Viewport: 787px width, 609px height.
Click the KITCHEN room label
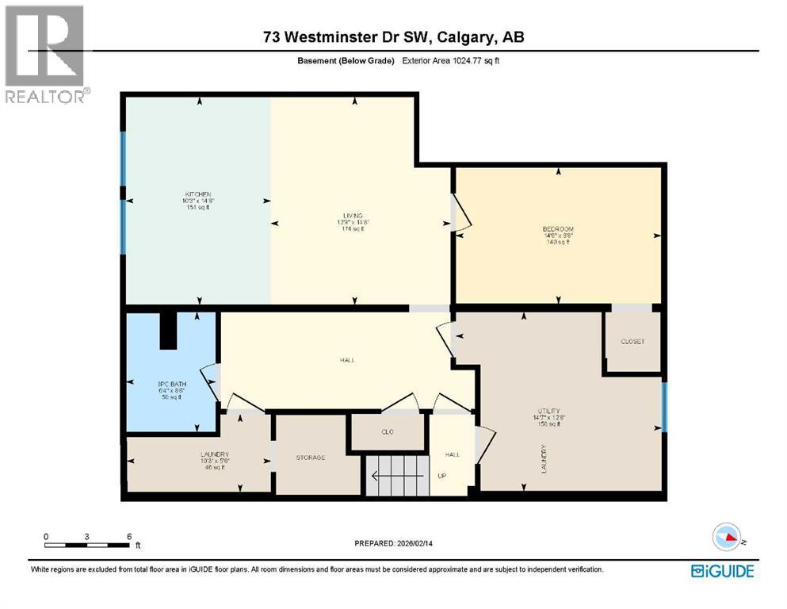pos(198,194)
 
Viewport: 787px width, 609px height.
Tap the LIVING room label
pos(353,216)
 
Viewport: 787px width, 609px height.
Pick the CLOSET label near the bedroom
pos(632,342)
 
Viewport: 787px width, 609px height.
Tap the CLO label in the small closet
pos(388,431)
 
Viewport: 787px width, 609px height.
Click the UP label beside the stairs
pos(442,476)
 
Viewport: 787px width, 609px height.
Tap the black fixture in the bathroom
pos(168,330)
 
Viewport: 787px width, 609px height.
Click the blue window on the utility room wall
pos(664,407)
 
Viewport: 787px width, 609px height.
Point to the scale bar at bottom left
pos(87,543)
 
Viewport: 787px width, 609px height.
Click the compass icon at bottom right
pos(728,538)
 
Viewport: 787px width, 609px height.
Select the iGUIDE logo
pos(722,570)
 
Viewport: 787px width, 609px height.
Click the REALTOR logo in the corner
pos(46,54)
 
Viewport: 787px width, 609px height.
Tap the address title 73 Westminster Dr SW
pos(394,37)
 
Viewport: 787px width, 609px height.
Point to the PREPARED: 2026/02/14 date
pos(398,543)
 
